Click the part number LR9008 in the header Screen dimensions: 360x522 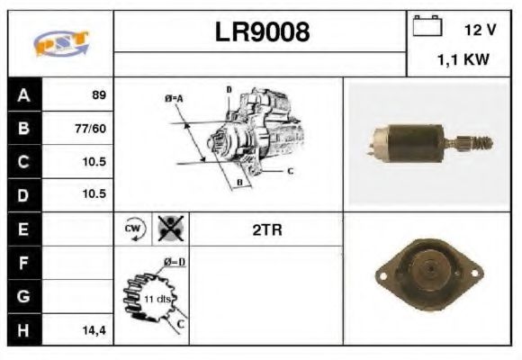(x=261, y=33)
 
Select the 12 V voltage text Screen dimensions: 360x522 (x=480, y=30)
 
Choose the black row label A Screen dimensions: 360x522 (x=23, y=94)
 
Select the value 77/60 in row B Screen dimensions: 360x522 (x=91, y=128)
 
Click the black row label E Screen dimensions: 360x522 (x=23, y=229)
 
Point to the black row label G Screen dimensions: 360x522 (x=23, y=296)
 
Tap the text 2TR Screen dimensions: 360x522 (x=267, y=229)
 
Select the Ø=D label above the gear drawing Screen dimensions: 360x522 (x=173, y=262)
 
